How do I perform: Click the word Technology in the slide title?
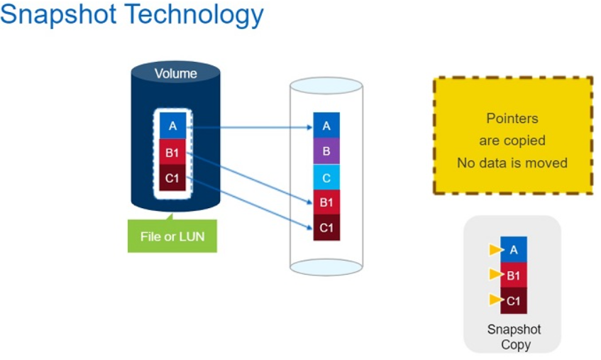(201, 16)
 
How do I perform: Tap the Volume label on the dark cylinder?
(175, 74)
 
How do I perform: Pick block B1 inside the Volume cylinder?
(172, 151)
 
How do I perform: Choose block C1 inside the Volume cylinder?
(172, 178)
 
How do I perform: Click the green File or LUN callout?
(172, 236)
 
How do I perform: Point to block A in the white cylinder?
(326, 126)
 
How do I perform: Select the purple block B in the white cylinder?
(326, 151)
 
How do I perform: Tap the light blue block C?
(326, 177)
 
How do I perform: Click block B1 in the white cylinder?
(326, 202)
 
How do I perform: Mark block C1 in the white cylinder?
(326, 228)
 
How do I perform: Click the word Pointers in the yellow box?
(512, 119)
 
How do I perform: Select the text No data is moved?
(512, 163)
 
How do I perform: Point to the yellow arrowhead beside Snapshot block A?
(495, 250)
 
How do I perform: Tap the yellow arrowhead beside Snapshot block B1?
(495, 275)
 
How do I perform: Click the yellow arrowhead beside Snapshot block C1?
(495, 300)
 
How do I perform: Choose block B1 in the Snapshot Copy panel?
(514, 275)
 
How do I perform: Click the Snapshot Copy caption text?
(514, 337)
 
